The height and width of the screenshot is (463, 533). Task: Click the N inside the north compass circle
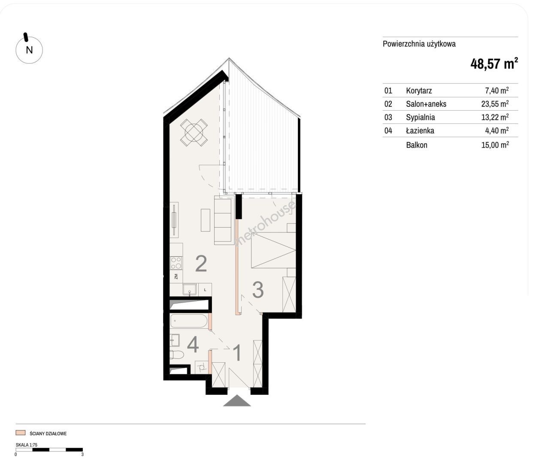(29, 50)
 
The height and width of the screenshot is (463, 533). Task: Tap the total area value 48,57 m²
(494, 64)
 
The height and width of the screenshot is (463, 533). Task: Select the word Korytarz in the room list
(419, 90)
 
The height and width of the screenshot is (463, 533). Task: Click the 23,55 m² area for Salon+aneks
(495, 104)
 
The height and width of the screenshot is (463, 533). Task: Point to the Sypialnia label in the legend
(420, 117)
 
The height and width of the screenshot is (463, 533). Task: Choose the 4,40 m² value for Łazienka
(497, 130)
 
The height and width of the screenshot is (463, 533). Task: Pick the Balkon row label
(417, 145)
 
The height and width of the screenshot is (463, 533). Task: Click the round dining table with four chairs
(194, 132)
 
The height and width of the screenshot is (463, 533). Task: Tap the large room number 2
(201, 264)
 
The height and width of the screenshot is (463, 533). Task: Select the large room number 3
(258, 290)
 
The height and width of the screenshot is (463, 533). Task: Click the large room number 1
(237, 353)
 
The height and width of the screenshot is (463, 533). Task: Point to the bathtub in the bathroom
(189, 321)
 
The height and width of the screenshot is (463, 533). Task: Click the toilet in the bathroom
(177, 355)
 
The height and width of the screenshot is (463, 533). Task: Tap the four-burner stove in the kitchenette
(176, 263)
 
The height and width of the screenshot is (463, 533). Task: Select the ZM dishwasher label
(176, 277)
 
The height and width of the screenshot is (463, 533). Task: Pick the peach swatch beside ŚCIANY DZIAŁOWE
(20, 433)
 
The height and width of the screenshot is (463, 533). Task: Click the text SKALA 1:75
(27, 445)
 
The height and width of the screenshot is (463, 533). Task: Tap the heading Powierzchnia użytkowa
(419, 44)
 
